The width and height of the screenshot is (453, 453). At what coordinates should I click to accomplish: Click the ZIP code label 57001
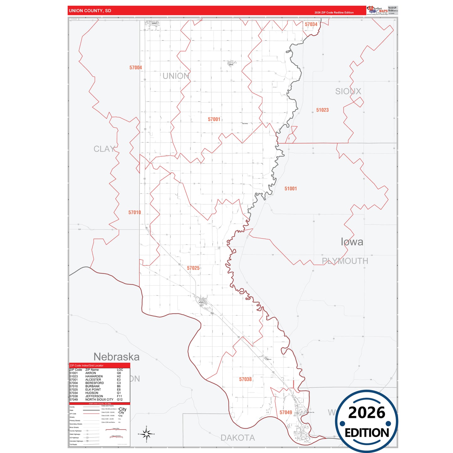[214, 119]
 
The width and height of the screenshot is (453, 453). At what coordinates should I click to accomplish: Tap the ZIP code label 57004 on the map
[136, 68]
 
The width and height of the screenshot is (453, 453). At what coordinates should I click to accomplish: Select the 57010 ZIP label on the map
[134, 213]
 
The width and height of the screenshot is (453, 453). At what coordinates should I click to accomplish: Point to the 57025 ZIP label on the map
[193, 268]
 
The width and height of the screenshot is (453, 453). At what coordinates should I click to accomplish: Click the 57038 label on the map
[245, 379]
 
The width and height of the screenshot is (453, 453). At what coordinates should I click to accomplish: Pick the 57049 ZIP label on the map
[286, 413]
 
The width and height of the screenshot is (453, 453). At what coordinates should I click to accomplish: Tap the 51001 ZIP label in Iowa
[291, 189]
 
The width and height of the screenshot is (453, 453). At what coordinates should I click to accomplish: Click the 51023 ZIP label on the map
[322, 110]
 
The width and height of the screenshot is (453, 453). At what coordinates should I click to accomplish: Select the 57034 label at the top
[311, 24]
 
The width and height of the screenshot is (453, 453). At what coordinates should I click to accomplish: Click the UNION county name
[176, 76]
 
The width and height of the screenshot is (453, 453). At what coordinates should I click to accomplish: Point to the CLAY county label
[104, 149]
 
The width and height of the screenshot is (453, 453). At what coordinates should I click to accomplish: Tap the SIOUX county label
[348, 92]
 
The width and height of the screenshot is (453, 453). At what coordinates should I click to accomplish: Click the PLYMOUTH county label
[345, 261]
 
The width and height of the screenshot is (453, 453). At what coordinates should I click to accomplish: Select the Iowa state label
[352, 242]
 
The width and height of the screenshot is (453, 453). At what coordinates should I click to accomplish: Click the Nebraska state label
[116, 357]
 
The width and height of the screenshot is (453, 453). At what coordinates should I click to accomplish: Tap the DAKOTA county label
[238, 438]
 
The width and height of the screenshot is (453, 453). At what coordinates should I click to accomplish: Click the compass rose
[146, 434]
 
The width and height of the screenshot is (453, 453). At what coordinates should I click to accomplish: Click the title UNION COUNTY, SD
[90, 11]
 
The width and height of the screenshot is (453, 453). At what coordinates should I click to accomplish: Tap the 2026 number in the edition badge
[366, 413]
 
